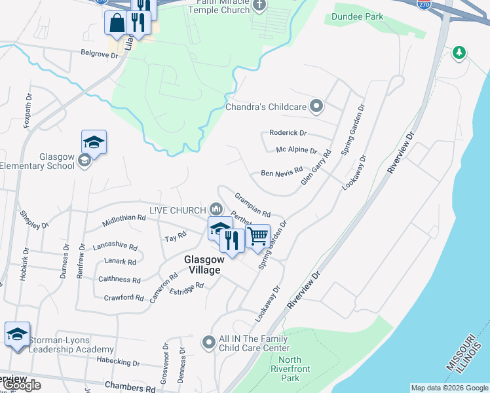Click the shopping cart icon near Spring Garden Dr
(258, 236)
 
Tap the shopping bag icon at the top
(117, 22)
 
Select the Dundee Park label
(357, 16)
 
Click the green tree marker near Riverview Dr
(460, 52)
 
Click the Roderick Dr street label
(288, 133)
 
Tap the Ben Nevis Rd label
(282, 174)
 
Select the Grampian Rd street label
(253, 204)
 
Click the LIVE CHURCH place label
(177, 210)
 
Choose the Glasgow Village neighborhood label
(202, 264)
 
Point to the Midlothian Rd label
(124, 221)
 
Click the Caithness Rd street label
(119, 280)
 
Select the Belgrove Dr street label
(99, 54)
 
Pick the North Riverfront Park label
(290, 369)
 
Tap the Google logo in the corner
(21, 385)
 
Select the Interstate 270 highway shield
(424, 4)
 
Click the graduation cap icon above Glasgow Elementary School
(94, 142)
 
